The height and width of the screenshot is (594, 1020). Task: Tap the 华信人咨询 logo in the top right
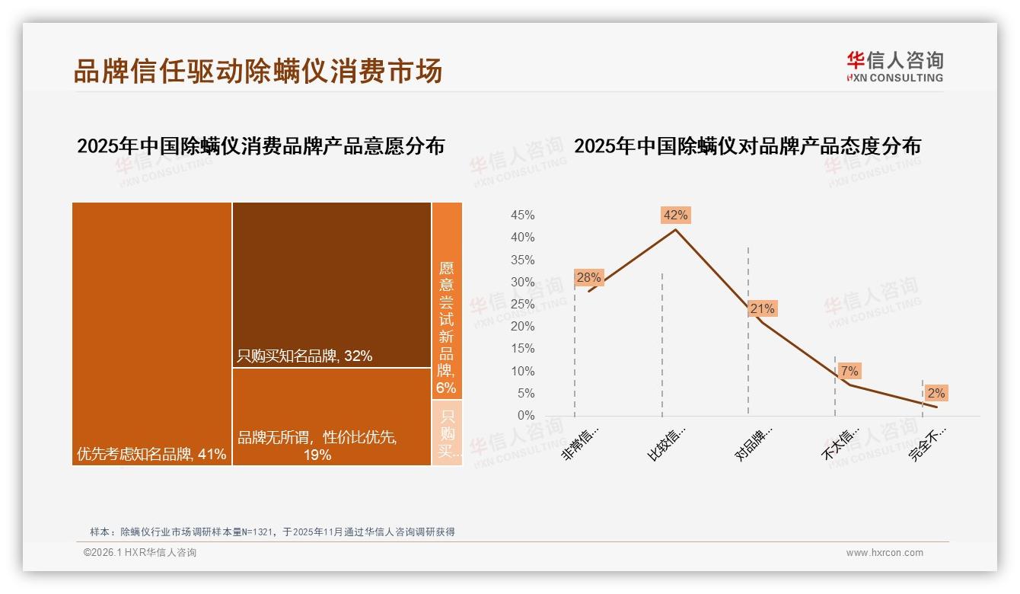pyautogui.click(x=894, y=66)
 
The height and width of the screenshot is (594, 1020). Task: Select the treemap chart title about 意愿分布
pyautogui.click(x=260, y=145)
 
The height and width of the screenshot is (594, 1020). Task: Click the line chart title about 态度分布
pyautogui.click(x=747, y=145)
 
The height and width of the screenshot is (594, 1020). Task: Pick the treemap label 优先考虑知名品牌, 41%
pyautogui.click(x=151, y=455)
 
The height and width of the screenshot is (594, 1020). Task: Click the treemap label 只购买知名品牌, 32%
pyautogui.click(x=304, y=356)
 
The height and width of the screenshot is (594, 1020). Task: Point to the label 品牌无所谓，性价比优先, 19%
pyautogui.click(x=317, y=445)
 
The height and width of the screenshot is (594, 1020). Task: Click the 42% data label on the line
pyautogui.click(x=675, y=215)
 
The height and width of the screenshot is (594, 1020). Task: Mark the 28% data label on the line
pyautogui.click(x=588, y=277)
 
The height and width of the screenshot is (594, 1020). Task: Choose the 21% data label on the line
pyautogui.click(x=762, y=308)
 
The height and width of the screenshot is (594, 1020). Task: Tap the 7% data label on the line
pyautogui.click(x=849, y=371)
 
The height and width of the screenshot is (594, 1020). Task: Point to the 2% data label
pyautogui.click(x=936, y=393)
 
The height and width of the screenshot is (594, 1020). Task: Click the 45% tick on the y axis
pyautogui.click(x=522, y=216)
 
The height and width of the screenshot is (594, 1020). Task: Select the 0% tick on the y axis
pyautogui.click(x=526, y=416)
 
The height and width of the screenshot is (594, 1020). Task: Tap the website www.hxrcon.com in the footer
pyautogui.click(x=885, y=553)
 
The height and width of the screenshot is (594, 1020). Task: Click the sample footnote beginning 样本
pyautogui.click(x=272, y=532)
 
